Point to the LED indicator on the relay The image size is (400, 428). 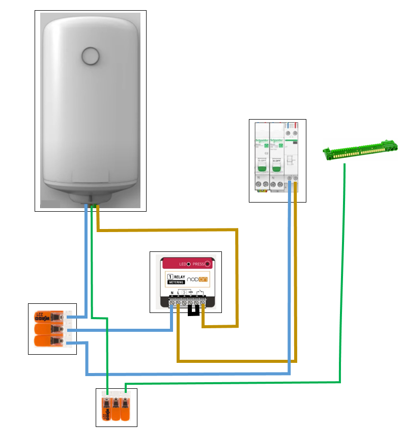[188, 265]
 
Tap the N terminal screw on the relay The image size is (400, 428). [173, 302]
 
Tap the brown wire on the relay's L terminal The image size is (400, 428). [178, 336]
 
